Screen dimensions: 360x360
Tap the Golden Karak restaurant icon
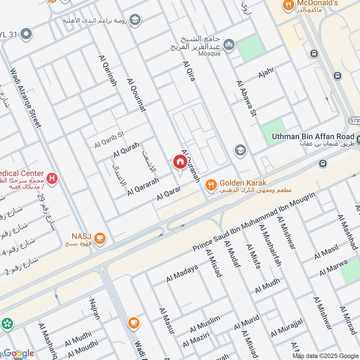pos(210,184)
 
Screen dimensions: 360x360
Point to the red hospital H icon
pos(52,179)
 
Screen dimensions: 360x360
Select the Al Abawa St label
pos(246,99)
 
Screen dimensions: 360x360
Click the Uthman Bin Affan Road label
pos(313,136)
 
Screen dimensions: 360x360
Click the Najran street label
pos(95,309)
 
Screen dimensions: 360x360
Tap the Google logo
pos(19,353)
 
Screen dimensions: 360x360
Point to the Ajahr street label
pos(266,72)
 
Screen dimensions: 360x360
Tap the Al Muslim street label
pos(205,323)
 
